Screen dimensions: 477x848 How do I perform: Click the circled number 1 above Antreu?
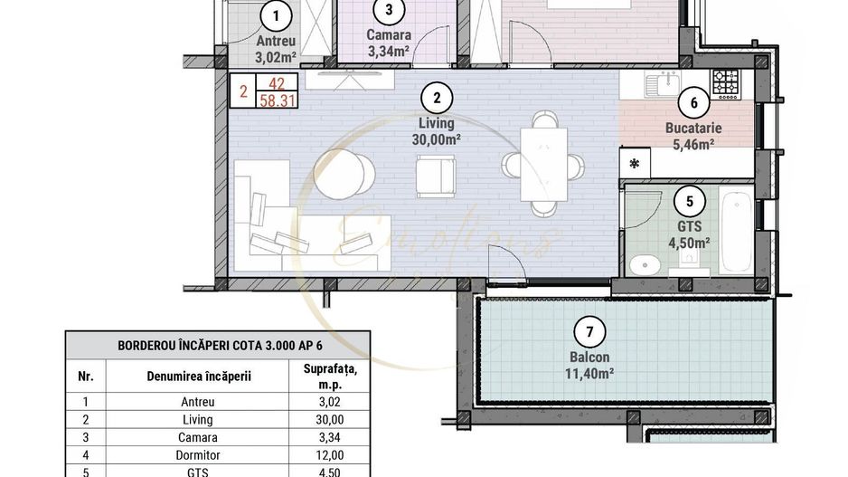coord(275,15)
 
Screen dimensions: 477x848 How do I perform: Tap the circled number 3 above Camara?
coord(388,11)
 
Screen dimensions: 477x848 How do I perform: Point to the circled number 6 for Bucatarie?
coord(693,103)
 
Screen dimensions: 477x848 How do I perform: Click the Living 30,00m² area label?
coord(437,131)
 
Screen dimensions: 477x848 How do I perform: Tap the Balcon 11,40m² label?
coord(589,364)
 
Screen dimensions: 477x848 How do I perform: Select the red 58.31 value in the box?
coord(277,101)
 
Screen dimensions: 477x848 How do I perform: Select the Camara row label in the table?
coord(197,438)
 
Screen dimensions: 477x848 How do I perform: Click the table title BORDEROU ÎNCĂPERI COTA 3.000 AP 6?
coord(217,346)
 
